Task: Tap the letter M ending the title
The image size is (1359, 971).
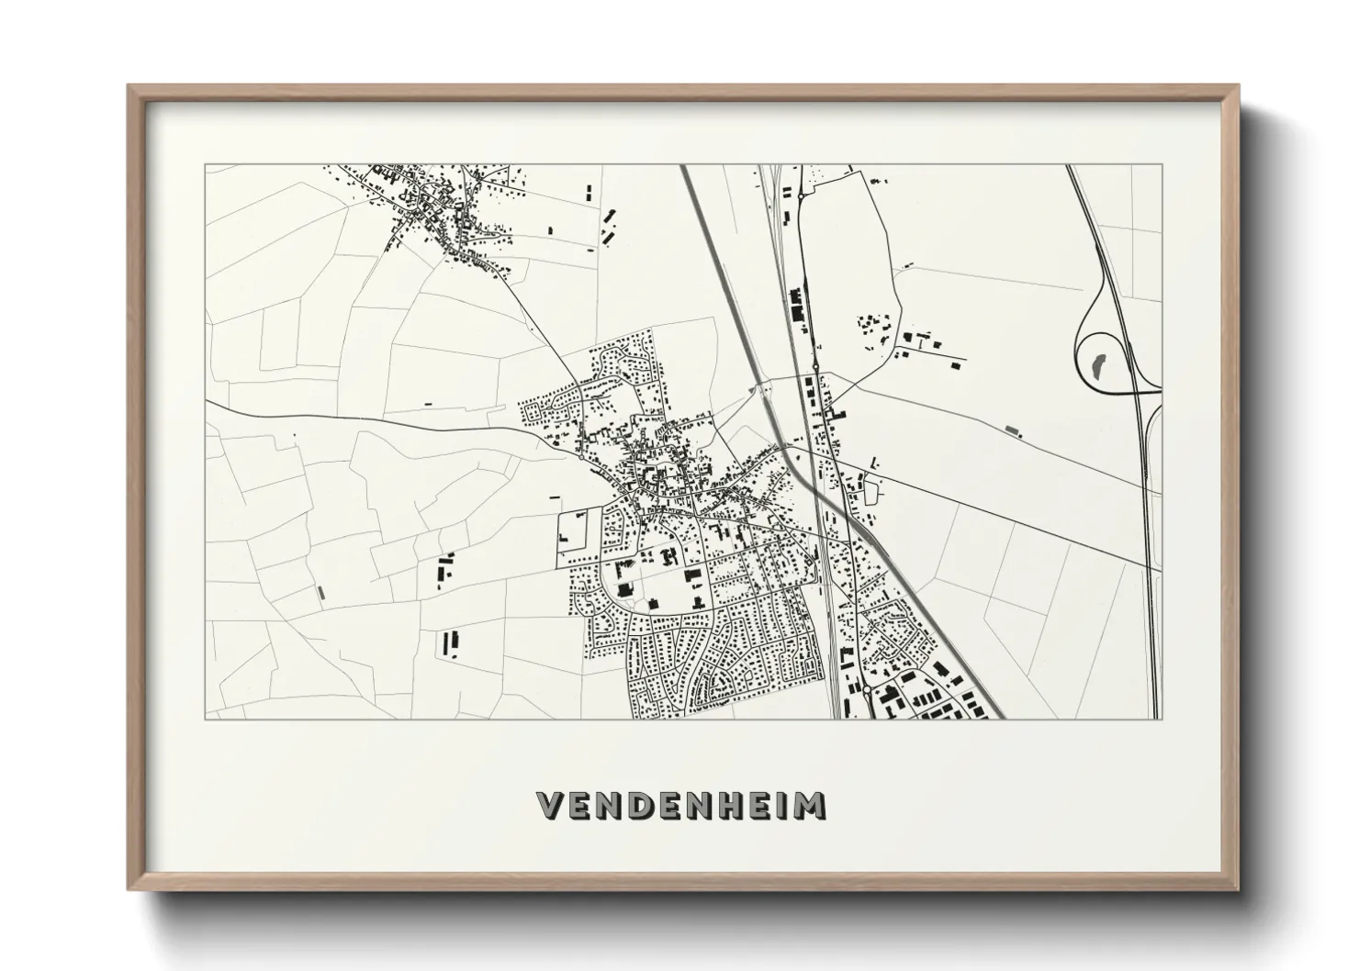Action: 809,805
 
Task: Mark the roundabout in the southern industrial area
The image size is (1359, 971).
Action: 865,686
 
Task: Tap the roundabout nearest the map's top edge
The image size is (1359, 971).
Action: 801,195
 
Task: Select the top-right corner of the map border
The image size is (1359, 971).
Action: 1162,165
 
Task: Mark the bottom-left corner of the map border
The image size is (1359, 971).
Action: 205,719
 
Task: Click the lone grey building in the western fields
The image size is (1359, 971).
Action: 320,593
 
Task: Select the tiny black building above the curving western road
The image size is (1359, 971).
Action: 426,404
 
